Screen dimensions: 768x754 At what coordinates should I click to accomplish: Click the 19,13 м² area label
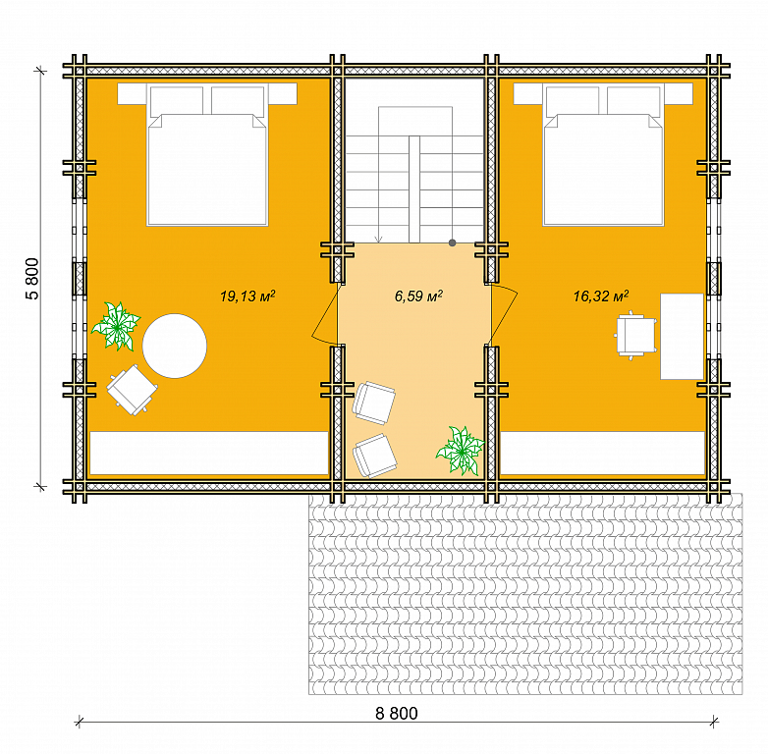click(x=247, y=296)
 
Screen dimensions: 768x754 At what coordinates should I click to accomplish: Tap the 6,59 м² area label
click(x=418, y=296)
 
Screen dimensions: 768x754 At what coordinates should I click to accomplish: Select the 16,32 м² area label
click(x=601, y=296)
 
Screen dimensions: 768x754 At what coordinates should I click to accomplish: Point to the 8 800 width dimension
click(x=396, y=714)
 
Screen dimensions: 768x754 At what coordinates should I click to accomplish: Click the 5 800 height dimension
click(x=31, y=279)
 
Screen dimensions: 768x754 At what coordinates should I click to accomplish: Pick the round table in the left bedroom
click(x=175, y=346)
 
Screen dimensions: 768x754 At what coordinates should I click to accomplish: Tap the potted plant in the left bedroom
click(x=117, y=326)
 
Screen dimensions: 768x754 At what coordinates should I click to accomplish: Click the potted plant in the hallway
click(x=461, y=451)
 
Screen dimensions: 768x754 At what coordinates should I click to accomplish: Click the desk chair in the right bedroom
click(x=635, y=336)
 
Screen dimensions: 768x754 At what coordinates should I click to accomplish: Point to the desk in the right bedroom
click(x=682, y=337)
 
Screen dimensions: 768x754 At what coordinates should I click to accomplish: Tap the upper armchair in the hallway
click(x=374, y=403)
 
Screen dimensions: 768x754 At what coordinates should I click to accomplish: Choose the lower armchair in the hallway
click(x=375, y=456)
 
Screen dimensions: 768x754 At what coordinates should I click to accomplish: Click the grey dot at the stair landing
click(x=452, y=242)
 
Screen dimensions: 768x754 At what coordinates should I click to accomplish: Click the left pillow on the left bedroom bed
click(x=177, y=101)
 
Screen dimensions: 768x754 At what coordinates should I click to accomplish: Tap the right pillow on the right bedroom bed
click(x=633, y=101)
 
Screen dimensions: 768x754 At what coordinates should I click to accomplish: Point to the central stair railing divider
click(x=414, y=189)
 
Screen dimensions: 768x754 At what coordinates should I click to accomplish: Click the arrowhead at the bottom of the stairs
click(x=378, y=240)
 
